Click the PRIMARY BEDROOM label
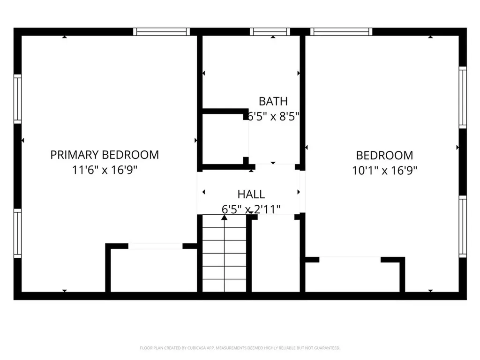click(105, 155)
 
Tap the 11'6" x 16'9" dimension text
click(105, 169)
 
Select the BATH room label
click(273, 101)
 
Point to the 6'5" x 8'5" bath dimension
click(274, 116)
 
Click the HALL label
click(251, 194)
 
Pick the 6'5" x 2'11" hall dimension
click(251, 209)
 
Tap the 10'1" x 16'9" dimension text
click(384, 170)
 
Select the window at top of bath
click(270, 32)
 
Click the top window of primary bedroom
click(161, 32)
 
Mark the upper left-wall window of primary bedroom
click(18, 98)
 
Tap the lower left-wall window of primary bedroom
click(18, 233)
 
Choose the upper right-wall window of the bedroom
click(463, 97)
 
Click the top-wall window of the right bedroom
click(341, 32)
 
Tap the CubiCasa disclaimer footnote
click(240, 348)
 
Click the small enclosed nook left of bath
click(224, 139)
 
